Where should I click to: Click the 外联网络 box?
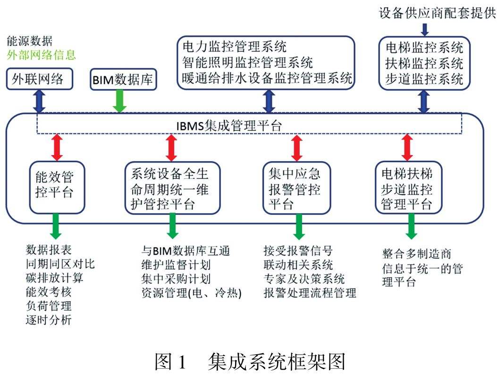point(41,80)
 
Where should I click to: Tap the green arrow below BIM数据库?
point(120,101)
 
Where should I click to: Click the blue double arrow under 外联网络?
point(40,101)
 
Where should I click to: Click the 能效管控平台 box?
point(57,187)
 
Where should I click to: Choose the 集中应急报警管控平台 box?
point(297,188)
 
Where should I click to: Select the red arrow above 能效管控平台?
point(57,147)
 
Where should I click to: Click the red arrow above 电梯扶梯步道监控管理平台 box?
point(407,147)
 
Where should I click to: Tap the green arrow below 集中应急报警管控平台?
point(298,226)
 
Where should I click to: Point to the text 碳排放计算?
point(54,277)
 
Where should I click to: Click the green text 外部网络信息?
point(41,55)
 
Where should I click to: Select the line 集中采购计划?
point(176,278)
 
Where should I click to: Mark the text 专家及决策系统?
point(304,278)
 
